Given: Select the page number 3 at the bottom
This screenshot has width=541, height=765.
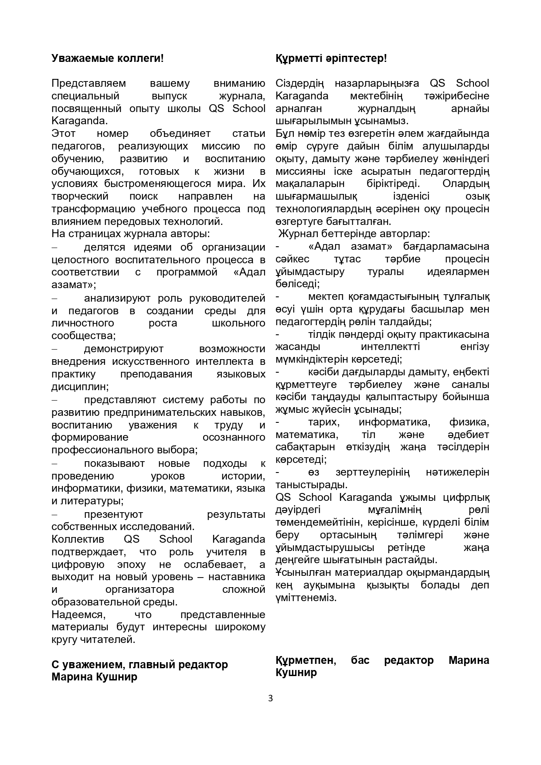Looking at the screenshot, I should point(270,699).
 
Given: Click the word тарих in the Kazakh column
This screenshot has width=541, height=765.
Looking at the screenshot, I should point(323,422).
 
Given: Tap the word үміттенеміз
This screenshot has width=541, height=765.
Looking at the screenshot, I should point(306,598).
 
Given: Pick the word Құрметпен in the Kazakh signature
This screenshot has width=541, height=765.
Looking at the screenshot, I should point(306,660).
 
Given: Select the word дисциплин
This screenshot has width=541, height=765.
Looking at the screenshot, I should point(80,387).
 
